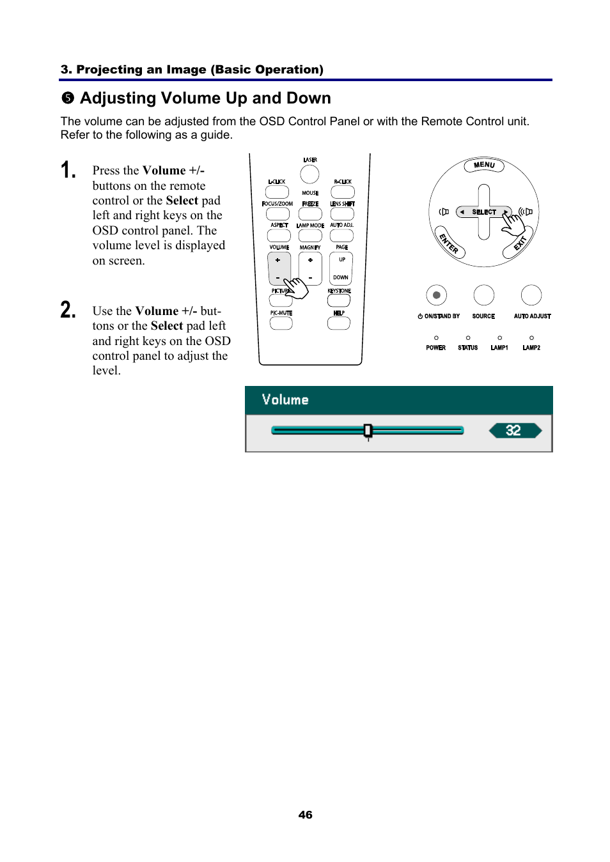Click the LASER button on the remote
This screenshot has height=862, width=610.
pyautogui.click(x=309, y=174)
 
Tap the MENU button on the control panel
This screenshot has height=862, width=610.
pyautogui.click(x=484, y=165)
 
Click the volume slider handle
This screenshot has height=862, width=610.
pyautogui.click(x=368, y=431)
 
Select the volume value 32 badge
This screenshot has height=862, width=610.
pyautogui.click(x=514, y=431)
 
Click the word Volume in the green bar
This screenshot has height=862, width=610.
pyautogui.click(x=285, y=400)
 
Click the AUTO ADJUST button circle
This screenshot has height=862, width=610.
pyautogui.click(x=531, y=295)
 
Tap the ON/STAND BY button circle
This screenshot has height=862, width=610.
pyautogui.click(x=436, y=295)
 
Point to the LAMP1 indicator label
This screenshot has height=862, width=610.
pyautogui.click(x=499, y=348)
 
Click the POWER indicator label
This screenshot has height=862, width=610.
pyautogui.click(x=436, y=348)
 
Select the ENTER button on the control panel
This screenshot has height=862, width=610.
pyautogui.click(x=449, y=243)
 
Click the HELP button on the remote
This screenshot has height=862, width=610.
pyautogui.click(x=338, y=323)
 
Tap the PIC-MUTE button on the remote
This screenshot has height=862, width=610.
pyautogui.click(x=281, y=323)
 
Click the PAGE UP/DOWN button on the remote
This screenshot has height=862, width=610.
pyautogui.click(x=341, y=268)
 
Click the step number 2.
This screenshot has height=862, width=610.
pyautogui.click(x=68, y=310)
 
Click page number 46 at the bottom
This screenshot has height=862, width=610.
pyautogui.click(x=305, y=815)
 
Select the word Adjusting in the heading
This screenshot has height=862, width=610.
pyautogui.click(x=118, y=98)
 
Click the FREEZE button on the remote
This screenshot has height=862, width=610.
pyautogui.click(x=310, y=214)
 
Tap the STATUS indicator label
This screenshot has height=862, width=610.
pyautogui.click(x=468, y=348)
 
